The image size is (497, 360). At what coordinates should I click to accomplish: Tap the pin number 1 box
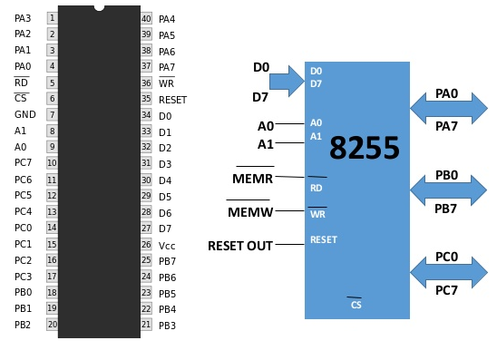(52, 18)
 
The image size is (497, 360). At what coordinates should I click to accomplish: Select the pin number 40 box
(146, 18)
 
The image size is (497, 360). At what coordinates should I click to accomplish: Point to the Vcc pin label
(166, 245)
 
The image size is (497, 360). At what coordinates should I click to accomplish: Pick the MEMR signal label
(252, 179)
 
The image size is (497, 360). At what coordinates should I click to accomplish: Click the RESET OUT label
(239, 246)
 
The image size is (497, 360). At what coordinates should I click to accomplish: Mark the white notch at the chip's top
(99, 5)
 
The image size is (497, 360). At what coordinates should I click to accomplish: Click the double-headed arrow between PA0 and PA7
(448, 109)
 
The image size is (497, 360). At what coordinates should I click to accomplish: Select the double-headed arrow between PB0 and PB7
(448, 190)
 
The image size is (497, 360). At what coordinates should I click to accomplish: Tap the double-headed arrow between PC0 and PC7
(448, 272)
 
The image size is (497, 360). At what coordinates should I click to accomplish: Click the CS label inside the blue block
(356, 305)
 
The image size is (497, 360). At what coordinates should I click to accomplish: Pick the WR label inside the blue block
(317, 214)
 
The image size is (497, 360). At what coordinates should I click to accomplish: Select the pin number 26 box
(146, 245)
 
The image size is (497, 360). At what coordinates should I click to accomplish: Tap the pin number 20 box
(52, 325)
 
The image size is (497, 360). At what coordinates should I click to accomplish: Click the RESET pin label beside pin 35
(172, 100)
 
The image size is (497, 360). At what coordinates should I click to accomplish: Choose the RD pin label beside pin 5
(21, 83)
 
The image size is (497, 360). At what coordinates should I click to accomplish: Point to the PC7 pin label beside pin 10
(23, 163)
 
